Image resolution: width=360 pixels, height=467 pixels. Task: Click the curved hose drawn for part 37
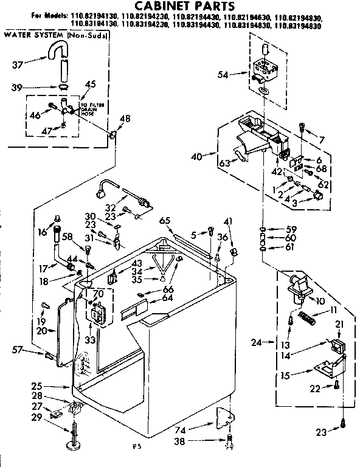pos(60,55)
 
